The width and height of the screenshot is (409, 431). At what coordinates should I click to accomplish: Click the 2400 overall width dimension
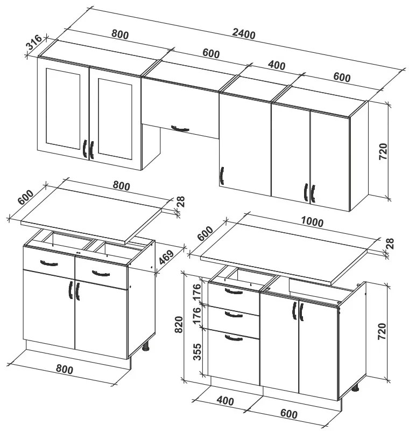(244, 34)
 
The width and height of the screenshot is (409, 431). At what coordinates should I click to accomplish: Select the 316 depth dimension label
(34, 42)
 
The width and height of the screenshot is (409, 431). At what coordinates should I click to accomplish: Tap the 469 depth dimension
(166, 258)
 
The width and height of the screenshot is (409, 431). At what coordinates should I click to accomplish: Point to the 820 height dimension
(179, 324)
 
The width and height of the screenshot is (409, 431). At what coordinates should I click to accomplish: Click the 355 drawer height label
(197, 352)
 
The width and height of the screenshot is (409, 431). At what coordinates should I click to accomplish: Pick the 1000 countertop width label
(312, 221)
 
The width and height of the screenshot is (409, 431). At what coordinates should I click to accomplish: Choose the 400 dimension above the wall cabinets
(277, 65)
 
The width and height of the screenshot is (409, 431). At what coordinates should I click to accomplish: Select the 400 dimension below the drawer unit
(225, 401)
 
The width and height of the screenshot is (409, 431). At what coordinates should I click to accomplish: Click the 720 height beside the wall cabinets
(383, 151)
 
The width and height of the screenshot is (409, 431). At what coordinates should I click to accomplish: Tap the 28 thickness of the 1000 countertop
(390, 244)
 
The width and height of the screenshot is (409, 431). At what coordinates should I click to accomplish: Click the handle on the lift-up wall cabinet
(180, 128)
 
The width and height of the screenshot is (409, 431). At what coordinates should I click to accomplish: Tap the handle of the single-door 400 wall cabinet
(222, 176)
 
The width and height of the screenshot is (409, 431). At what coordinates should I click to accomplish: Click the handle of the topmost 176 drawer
(234, 291)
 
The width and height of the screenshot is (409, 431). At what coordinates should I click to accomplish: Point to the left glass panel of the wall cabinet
(63, 109)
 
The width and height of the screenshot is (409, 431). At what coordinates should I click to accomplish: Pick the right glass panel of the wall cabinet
(115, 119)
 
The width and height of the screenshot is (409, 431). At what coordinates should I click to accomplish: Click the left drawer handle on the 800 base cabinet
(49, 263)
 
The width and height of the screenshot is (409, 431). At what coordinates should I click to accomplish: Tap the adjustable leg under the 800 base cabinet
(146, 346)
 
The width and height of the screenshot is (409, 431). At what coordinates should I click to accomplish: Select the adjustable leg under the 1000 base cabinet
(356, 387)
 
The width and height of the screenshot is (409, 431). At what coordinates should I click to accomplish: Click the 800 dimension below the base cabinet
(65, 369)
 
